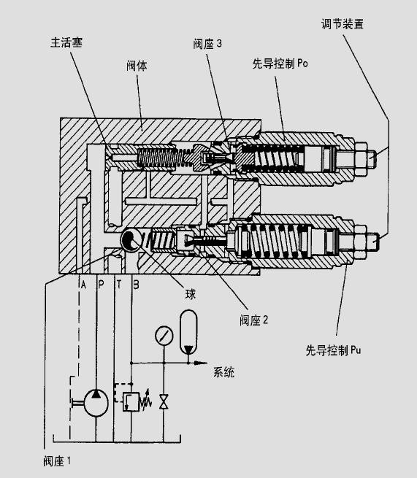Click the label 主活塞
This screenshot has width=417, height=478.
coord(66,42)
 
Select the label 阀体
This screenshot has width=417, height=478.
coord(137,66)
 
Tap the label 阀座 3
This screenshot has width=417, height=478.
coord(207,44)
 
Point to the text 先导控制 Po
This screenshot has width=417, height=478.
coord(280,63)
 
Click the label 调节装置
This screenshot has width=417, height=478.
coord(343,24)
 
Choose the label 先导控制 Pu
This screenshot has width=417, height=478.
coord(333,350)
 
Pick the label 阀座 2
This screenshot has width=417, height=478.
coord(254,320)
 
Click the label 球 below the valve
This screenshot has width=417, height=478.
coord(191,294)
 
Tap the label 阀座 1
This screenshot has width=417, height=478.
coord(57,461)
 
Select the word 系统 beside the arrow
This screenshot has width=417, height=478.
coord(223,372)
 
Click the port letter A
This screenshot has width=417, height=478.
coord(83,285)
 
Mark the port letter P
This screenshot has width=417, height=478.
coord(101,285)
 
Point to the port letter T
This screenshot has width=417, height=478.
coord(118,285)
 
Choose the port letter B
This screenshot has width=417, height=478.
coord(137,285)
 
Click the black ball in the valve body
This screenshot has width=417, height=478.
coord(131,240)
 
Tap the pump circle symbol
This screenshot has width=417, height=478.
coord(96,403)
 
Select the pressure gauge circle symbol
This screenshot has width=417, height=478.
coord(164,336)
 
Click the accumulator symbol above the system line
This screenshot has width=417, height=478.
coord(188,332)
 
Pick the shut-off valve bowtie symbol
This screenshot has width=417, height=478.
coord(164,402)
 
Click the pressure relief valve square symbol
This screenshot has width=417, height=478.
coord(131,402)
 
